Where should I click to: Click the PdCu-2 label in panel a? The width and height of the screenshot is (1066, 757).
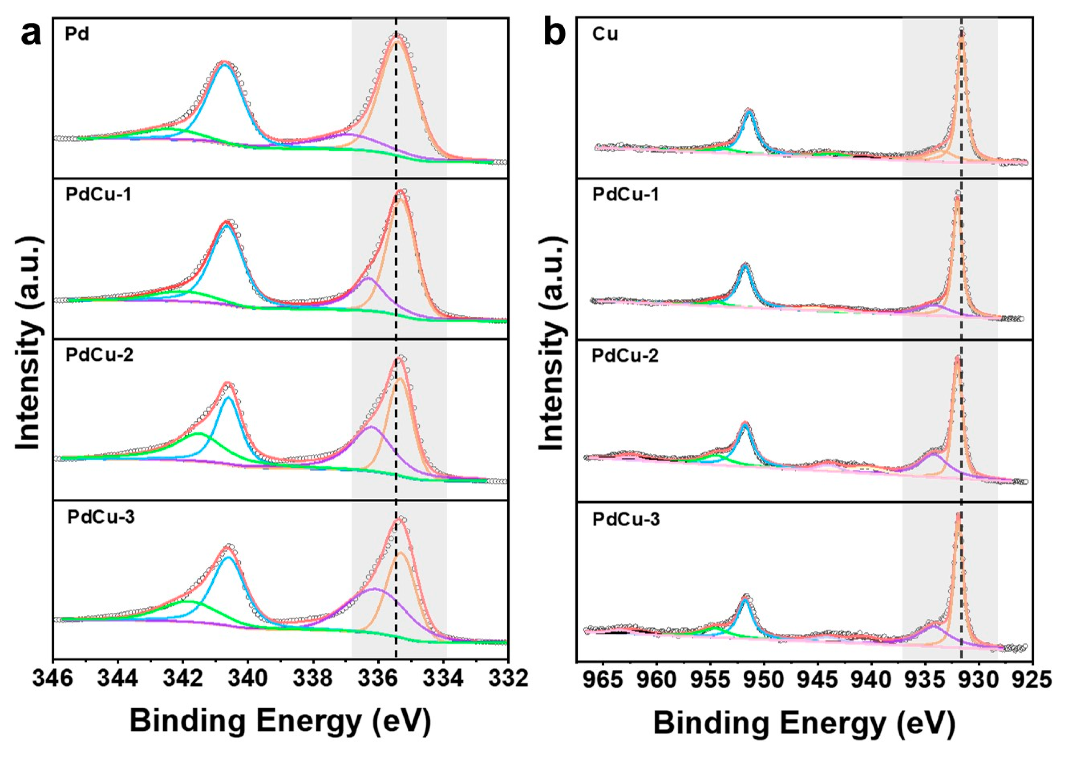[99, 355]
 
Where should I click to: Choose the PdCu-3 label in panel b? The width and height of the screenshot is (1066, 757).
[626, 519]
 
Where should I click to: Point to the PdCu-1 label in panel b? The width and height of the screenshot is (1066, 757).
[626, 195]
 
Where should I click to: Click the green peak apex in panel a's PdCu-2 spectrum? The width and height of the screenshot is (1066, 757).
[199, 434]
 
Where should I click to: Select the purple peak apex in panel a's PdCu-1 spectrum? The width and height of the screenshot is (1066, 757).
[368, 278]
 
